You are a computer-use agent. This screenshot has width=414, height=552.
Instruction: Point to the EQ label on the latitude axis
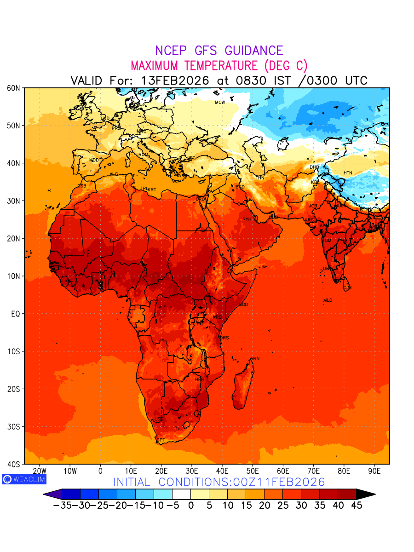tap(15, 314)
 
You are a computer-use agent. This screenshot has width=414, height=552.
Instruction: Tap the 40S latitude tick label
tap(14, 464)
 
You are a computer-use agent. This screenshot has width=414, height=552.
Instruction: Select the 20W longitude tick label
tap(40, 471)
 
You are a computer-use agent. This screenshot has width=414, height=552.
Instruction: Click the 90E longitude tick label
tap(375, 471)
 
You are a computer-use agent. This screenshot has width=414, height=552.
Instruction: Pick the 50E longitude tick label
tap(253, 471)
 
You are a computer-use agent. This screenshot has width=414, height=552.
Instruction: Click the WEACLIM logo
tap(24, 479)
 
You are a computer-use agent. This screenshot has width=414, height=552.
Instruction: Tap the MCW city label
tap(220, 103)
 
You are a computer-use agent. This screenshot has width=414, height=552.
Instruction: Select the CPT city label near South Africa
tap(161, 440)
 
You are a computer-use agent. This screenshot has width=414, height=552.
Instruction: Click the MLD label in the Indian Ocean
tap(328, 300)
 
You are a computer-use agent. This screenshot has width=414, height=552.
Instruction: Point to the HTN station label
tap(348, 173)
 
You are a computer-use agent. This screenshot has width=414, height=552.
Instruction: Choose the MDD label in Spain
tap(94, 160)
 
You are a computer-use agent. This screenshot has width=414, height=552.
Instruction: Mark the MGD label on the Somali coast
tap(243, 305)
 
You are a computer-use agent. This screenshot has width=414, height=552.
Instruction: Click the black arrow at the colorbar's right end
tap(366, 494)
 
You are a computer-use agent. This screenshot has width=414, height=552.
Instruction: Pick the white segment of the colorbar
tap(181, 494)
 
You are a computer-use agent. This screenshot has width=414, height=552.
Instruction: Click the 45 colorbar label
tap(356, 506)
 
